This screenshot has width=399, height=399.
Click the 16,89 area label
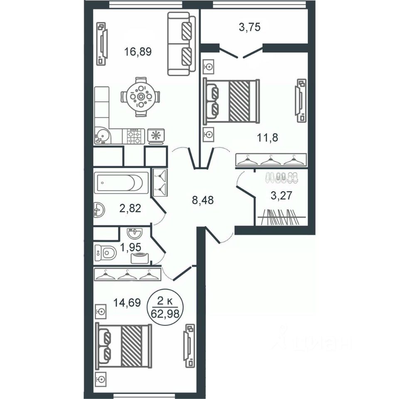pos(138,52)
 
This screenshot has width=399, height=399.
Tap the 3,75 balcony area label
pos(250,27)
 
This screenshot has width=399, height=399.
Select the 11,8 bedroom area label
pos(267,138)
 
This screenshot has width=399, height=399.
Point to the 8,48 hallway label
pos(202,200)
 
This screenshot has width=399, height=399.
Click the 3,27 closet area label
pos(281,196)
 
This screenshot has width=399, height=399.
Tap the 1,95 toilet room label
pos(131,247)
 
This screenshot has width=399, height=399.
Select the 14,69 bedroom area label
pos(127,303)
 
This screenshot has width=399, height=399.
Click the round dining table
pos(141,97)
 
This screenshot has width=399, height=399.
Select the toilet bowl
pos(105,253)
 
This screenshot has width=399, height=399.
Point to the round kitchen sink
pos(103,135)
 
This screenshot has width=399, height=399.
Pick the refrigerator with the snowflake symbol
pos(156,135)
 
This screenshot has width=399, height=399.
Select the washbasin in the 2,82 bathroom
pos(99,210)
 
